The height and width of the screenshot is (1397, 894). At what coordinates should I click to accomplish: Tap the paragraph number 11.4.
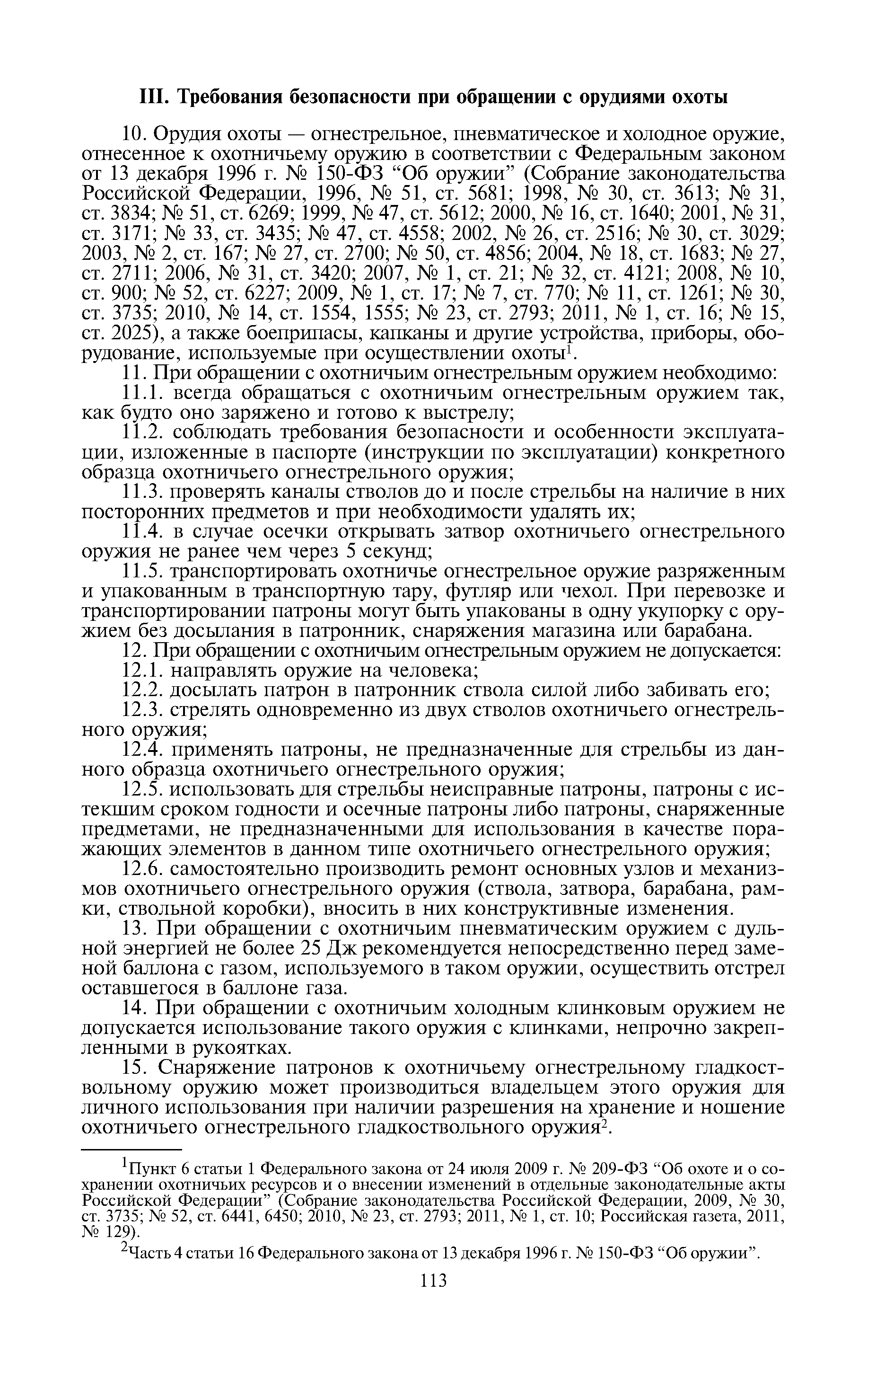(x=140, y=532)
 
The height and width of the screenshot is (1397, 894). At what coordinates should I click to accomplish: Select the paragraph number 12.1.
(x=140, y=671)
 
